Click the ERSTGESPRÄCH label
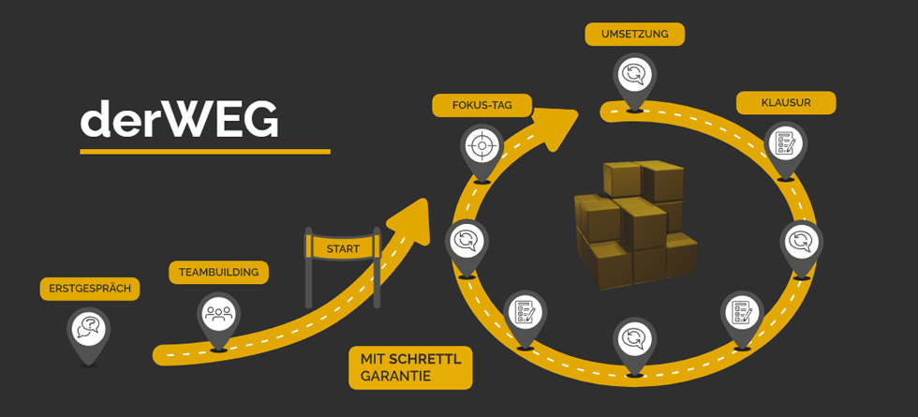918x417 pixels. pos(90,289)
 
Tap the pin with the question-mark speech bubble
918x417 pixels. pos(89,327)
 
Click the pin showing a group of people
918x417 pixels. pos(218,311)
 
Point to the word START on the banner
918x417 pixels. pos(342,249)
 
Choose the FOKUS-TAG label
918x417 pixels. pos(481,105)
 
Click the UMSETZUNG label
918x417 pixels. pos(634,35)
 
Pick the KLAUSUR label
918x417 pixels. pos(785,102)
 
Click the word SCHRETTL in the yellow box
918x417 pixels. pos(433,360)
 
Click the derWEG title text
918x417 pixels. pos(179,119)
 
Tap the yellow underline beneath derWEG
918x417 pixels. pos(204,151)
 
